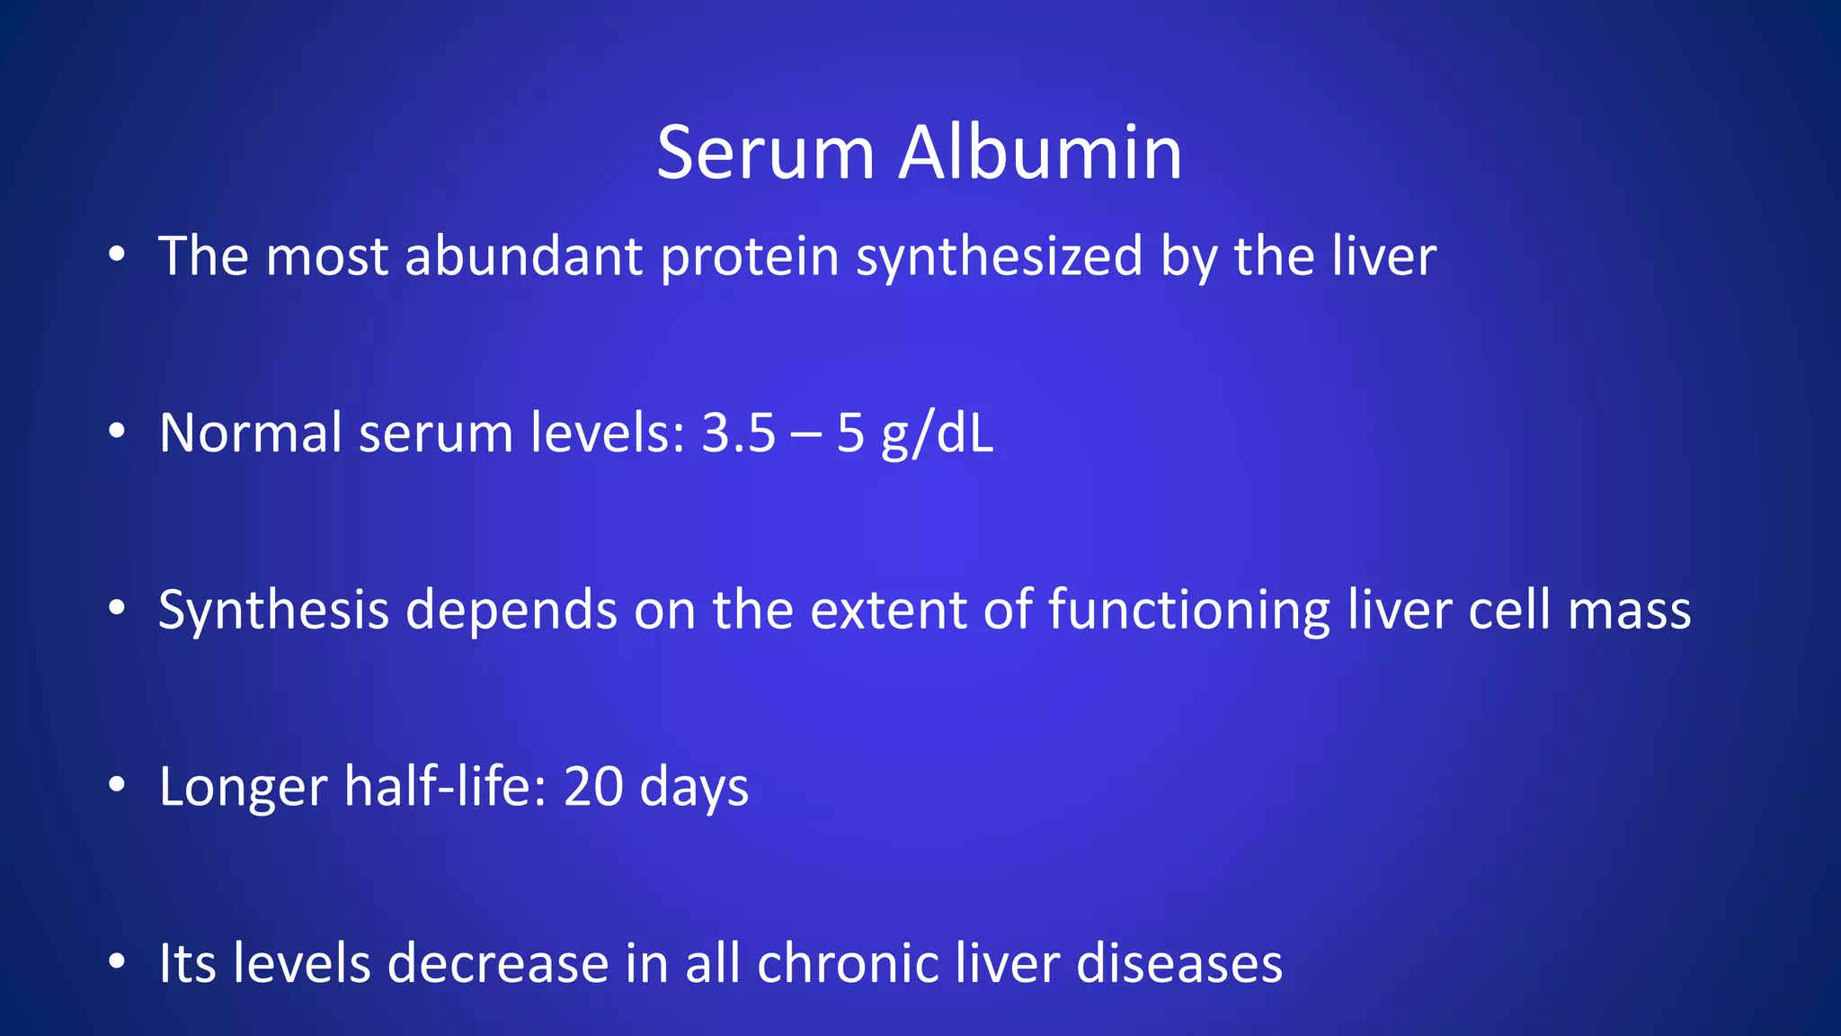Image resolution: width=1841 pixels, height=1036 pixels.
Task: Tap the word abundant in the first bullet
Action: [x=523, y=256]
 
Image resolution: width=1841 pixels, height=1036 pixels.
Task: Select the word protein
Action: [x=750, y=258]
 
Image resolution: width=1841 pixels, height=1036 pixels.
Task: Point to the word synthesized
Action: [x=999, y=258]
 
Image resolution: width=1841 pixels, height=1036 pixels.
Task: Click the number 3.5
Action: [x=738, y=433]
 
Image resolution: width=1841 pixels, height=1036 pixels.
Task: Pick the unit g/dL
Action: [x=938, y=435]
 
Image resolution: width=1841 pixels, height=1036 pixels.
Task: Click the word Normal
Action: [x=251, y=433]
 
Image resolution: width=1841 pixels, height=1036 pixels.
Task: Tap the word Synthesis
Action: [x=273, y=612]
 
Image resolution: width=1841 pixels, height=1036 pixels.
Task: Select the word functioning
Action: [x=1188, y=612]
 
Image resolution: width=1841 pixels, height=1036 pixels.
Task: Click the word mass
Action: [x=1629, y=612]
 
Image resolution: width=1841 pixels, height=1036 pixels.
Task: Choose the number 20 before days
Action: [x=593, y=787]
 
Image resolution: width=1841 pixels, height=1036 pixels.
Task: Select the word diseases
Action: [x=1178, y=964]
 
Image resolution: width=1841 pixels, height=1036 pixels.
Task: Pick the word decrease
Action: [x=498, y=964]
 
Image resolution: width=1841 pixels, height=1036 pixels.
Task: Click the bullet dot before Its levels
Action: [x=116, y=962]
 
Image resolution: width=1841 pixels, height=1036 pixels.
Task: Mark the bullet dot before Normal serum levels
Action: [x=116, y=432]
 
